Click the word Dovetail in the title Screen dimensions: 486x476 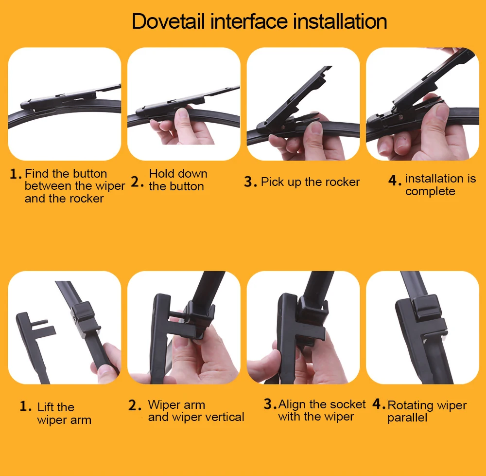point(168,21)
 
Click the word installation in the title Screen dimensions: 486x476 point(340,21)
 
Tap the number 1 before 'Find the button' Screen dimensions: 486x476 point(16,174)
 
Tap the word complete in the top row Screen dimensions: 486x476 point(430,191)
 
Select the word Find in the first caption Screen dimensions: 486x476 point(35,173)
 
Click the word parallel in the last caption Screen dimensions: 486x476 point(407,418)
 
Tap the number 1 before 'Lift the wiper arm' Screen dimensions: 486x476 point(25,406)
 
